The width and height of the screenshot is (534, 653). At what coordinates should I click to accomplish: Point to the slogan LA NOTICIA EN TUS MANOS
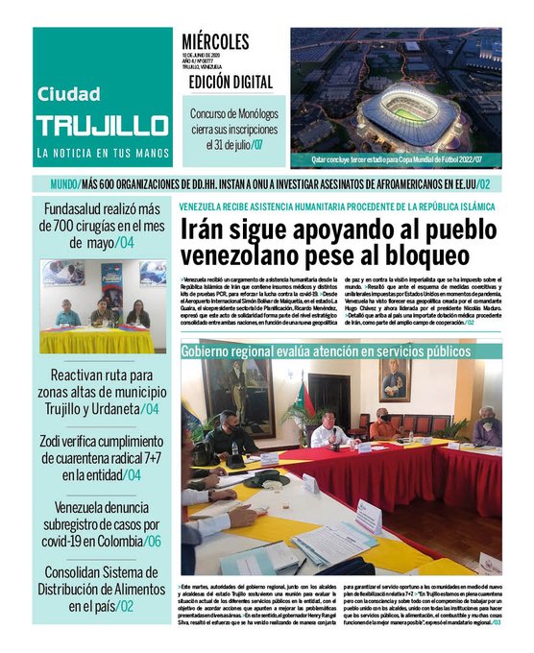coord(103,154)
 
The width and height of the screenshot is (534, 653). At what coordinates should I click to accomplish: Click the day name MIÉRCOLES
coord(215,42)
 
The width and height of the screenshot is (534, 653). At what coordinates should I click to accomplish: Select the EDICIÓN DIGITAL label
coord(231,83)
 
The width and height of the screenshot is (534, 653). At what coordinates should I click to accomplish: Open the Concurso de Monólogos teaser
coord(231,129)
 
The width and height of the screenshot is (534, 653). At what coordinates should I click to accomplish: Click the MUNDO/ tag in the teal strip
coord(64,184)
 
